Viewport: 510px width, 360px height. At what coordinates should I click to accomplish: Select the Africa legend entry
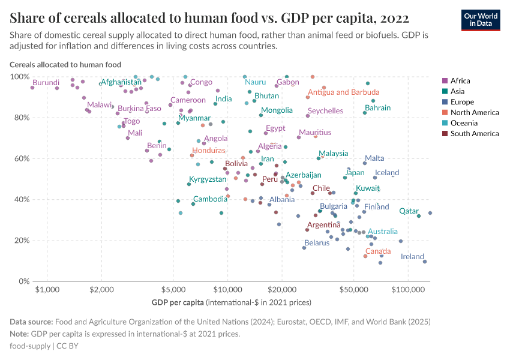point(460,80)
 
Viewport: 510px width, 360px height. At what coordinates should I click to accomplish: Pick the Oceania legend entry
point(463,123)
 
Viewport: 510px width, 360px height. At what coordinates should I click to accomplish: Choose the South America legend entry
point(474,133)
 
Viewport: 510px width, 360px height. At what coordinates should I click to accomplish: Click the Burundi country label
point(46,82)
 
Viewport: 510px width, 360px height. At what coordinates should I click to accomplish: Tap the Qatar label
point(409,211)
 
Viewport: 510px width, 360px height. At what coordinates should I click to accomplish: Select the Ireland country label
point(412,256)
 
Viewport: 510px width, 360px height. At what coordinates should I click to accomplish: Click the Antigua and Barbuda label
point(344,92)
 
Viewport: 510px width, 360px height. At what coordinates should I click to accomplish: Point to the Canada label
point(378,251)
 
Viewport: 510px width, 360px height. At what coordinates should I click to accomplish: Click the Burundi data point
point(32,88)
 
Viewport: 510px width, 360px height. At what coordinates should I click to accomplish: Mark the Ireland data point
point(425,262)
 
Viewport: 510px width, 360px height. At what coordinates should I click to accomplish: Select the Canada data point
point(365,256)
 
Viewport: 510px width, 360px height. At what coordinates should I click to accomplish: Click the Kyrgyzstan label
point(208,179)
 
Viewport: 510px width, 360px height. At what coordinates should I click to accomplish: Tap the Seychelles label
point(325,110)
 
